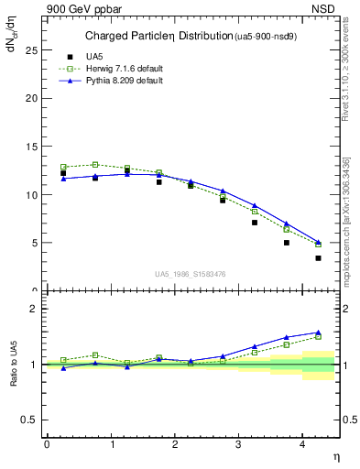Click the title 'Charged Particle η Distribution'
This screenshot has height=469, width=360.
[158, 37]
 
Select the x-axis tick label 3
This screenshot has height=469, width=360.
[238, 443]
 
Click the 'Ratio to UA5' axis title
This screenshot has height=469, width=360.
[12, 365]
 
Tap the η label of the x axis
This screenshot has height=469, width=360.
[335, 456]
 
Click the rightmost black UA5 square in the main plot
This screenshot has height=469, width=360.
[318, 258]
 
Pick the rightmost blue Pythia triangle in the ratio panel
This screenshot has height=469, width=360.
[318, 333]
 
